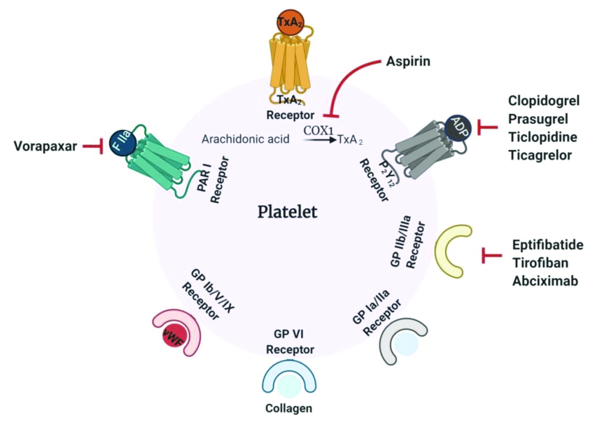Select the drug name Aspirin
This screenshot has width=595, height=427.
407,62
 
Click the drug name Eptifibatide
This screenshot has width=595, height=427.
547,245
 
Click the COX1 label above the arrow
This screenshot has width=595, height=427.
318,129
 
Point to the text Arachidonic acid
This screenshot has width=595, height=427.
239,139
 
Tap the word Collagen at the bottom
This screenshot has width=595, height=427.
288,408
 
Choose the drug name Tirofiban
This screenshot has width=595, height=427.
540,262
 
